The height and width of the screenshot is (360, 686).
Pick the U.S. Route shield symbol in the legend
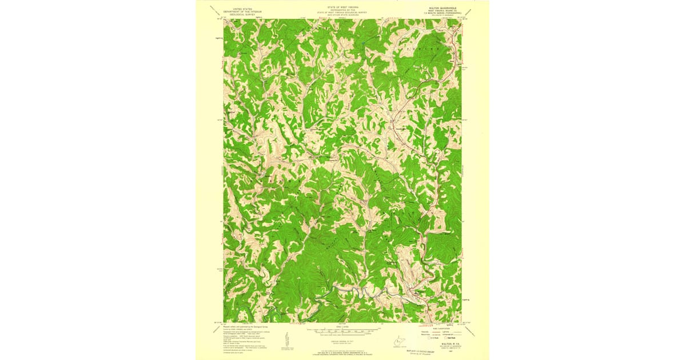432,338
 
